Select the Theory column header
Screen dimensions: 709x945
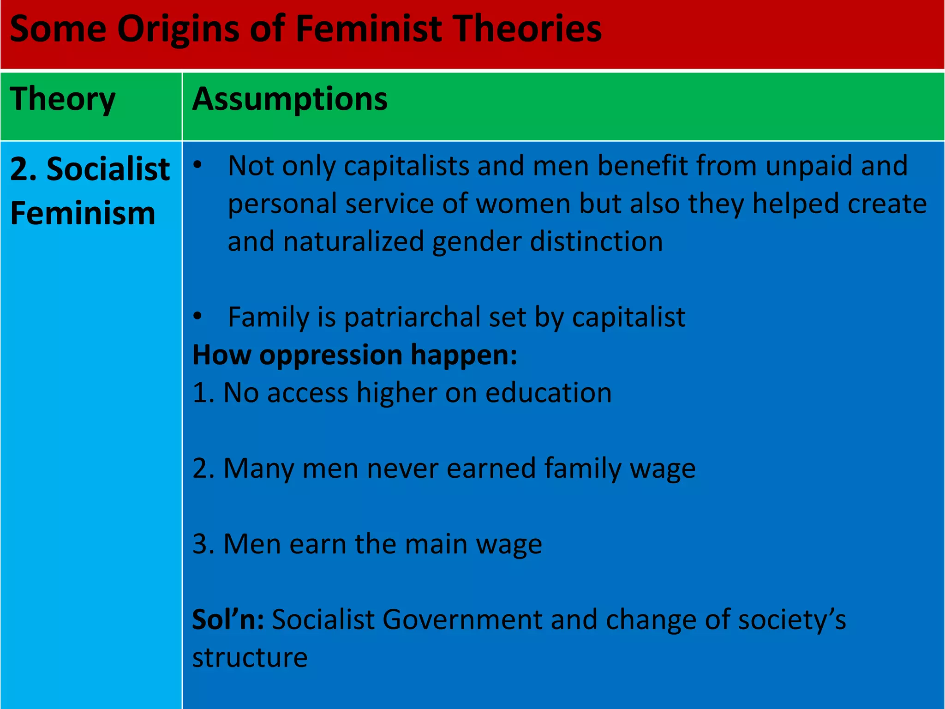pyautogui.click(x=63, y=99)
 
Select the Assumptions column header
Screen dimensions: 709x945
pyautogui.click(x=290, y=99)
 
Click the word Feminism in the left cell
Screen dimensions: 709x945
pyautogui.click(x=83, y=213)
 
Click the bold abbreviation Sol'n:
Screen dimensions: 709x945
pyautogui.click(x=228, y=619)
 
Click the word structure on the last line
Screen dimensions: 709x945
pyautogui.click(x=250, y=657)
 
